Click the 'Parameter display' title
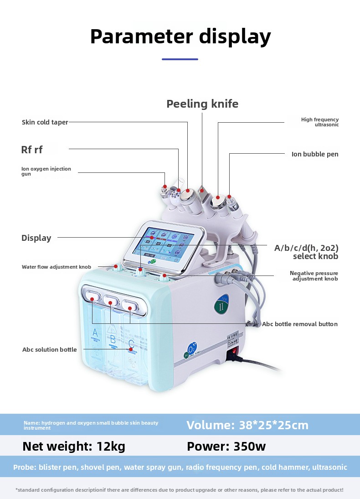point(180,36)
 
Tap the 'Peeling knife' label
point(202,104)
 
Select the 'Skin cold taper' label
point(45,122)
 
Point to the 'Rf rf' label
point(32,150)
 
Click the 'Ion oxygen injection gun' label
point(46,172)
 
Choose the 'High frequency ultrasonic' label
point(320,122)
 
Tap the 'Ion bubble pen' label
point(315,154)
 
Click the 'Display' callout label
point(36,238)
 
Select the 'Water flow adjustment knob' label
point(57,267)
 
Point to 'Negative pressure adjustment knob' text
point(314,275)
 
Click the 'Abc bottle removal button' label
point(300,324)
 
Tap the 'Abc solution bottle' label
point(50,349)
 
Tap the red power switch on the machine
point(232,353)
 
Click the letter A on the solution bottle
point(95,332)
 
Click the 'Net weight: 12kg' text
point(74,446)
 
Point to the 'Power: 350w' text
point(226,446)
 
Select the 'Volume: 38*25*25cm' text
point(247,425)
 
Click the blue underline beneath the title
point(180,59)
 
